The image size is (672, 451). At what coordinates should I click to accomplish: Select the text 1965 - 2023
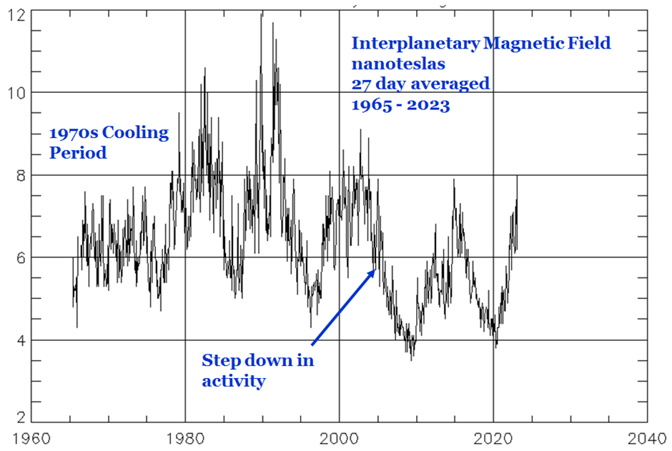(400, 104)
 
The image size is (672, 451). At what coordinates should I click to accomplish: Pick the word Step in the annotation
(220, 360)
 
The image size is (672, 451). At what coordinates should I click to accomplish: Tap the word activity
(233, 380)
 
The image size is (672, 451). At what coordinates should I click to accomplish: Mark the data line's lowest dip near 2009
(411, 360)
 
